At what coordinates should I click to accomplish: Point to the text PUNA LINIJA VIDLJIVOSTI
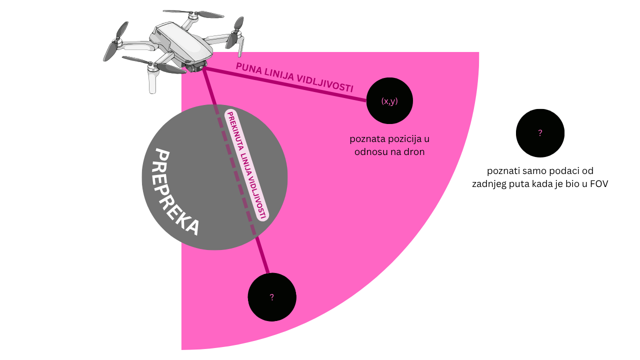(x=294, y=77)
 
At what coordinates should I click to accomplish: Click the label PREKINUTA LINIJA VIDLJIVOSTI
(x=247, y=164)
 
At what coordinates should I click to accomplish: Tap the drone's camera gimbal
(x=196, y=66)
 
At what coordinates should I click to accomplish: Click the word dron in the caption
(x=413, y=152)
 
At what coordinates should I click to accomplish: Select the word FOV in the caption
(x=598, y=183)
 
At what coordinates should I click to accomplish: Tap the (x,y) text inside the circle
(x=389, y=101)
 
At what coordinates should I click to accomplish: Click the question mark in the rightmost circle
(x=540, y=133)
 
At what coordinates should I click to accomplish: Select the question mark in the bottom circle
(x=272, y=297)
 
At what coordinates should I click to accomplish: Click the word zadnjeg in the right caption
(x=490, y=183)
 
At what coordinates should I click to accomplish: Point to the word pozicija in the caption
(x=404, y=139)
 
